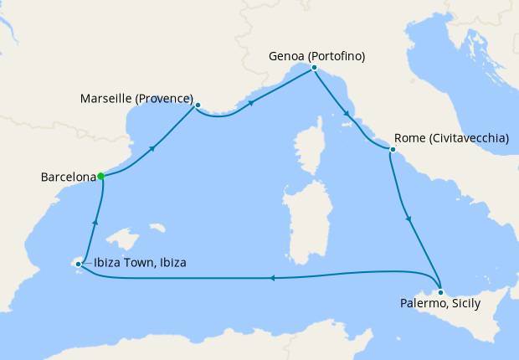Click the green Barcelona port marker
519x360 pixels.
click(100, 176)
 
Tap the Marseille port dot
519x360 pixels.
click(198, 105)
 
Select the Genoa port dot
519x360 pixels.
click(313, 67)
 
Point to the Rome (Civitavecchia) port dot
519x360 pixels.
click(392, 150)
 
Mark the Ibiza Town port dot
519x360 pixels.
click(78, 265)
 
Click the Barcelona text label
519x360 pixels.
click(68, 177)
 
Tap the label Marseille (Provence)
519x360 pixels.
click(136, 99)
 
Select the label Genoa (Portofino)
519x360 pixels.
click(317, 57)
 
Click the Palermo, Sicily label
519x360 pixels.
click(435, 302)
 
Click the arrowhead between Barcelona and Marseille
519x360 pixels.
click(153, 147)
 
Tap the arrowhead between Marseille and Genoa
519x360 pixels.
click(251, 105)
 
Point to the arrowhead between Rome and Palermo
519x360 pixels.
click(409, 219)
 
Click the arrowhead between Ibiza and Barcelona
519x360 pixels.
click(95, 221)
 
